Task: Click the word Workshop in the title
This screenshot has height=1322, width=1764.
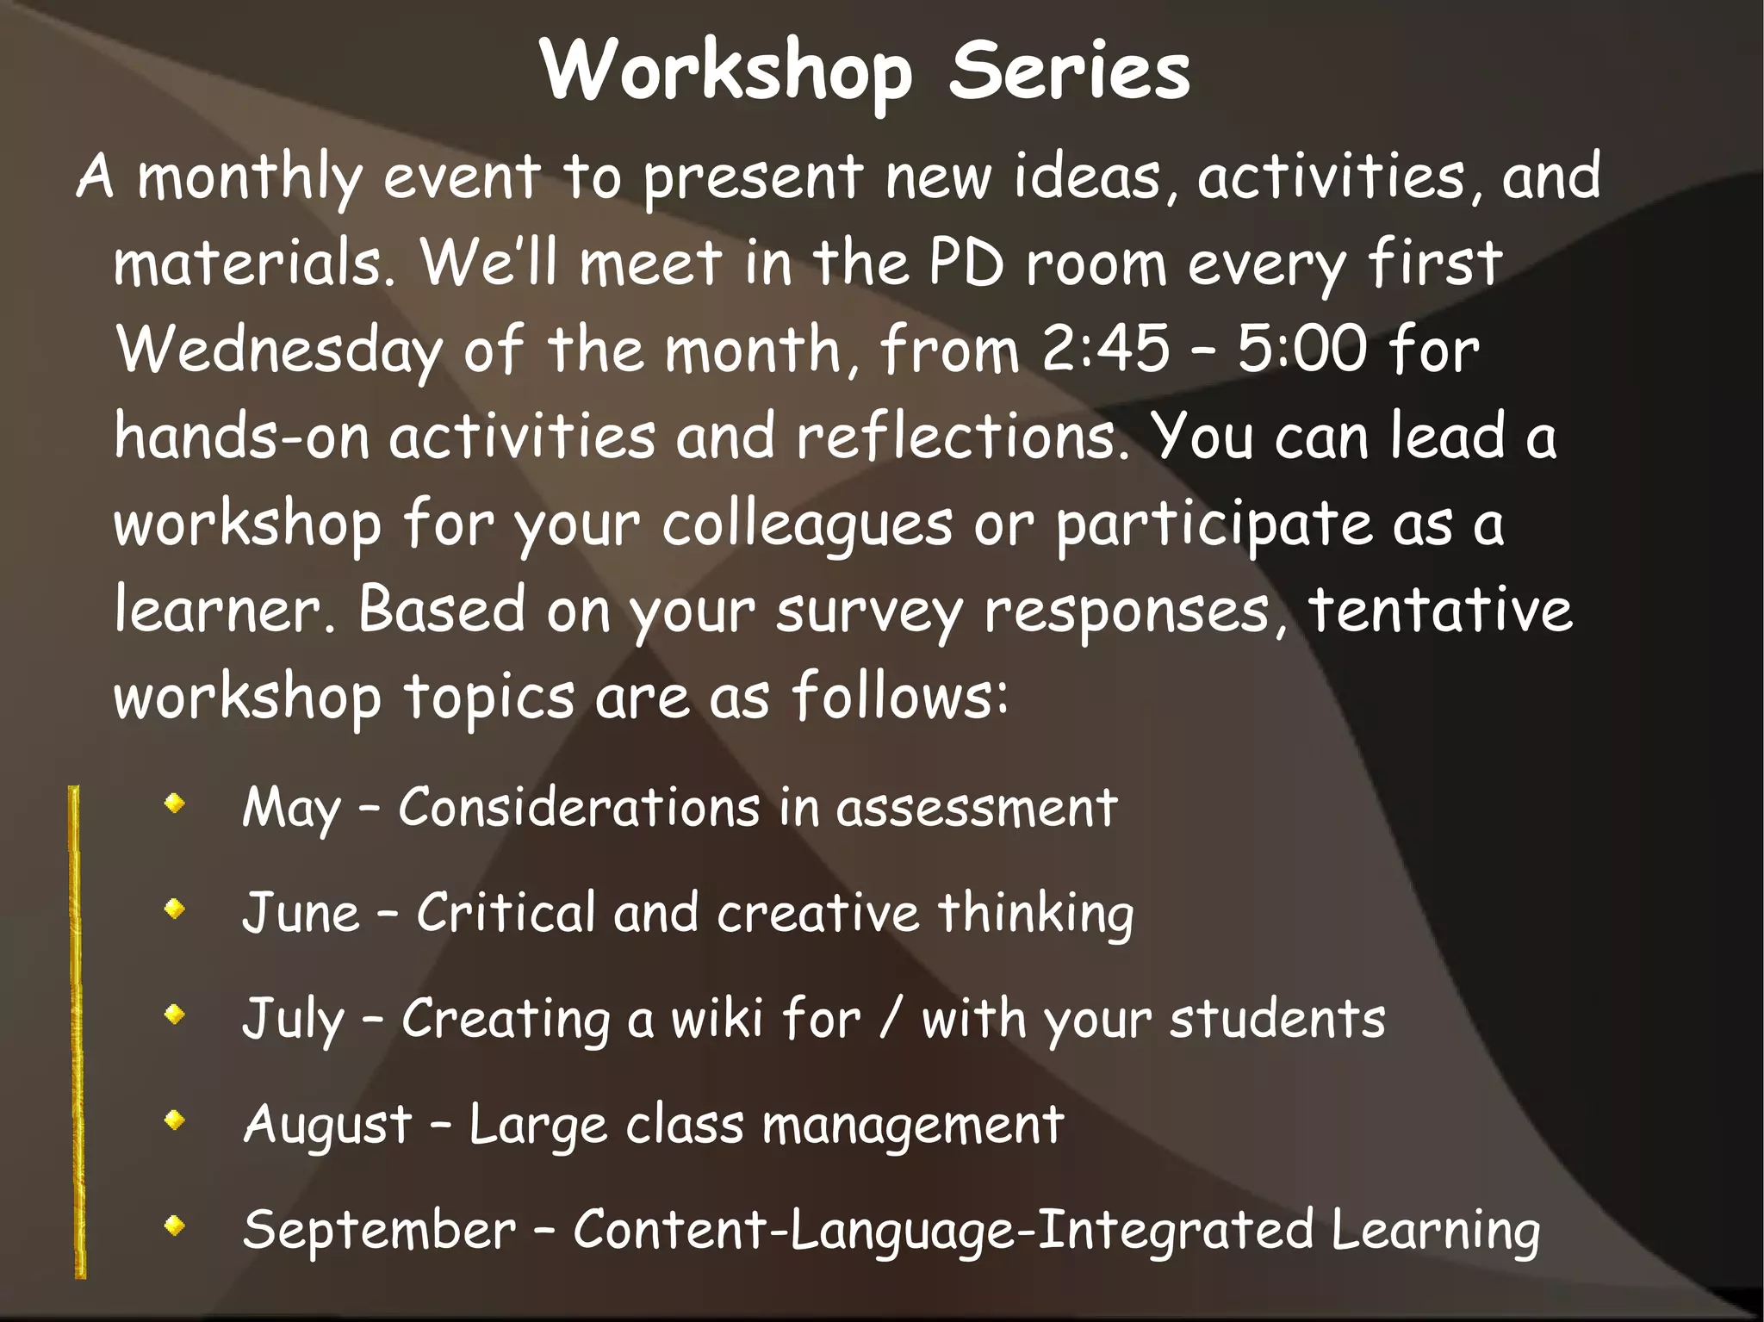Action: point(725,72)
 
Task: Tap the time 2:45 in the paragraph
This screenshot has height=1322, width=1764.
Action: point(1105,351)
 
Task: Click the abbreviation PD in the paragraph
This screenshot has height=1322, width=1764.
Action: point(966,263)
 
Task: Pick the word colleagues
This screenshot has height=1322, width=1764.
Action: point(807,525)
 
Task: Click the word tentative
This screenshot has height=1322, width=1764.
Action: point(1440,610)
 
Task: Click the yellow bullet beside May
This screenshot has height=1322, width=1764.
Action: point(175,804)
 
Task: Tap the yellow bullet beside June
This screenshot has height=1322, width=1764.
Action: point(175,909)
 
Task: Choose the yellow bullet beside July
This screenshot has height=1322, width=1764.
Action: point(175,1015)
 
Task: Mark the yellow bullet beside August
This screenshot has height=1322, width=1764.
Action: point(175,1120)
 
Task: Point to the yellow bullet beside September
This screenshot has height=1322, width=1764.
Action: point(175,1225)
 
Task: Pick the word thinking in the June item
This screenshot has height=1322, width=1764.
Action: point(1034,915)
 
